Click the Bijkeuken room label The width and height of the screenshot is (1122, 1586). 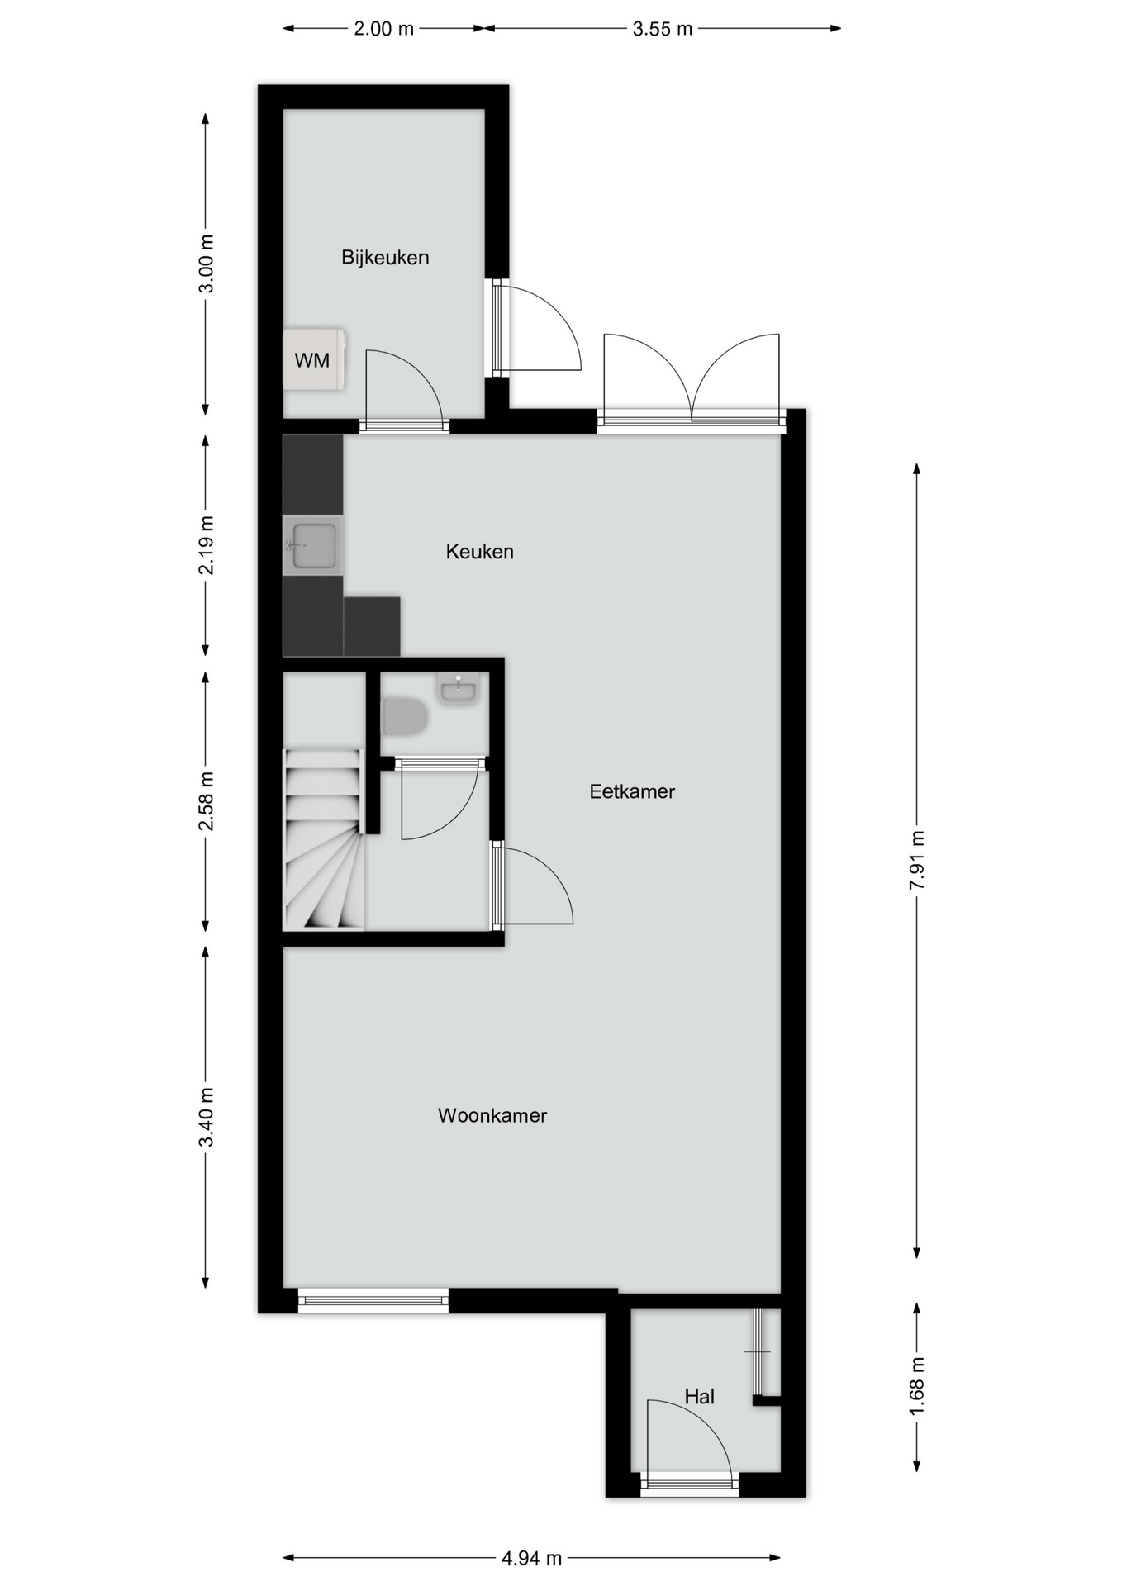tap(385, 257)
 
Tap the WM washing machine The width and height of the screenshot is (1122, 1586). tap(314, 359)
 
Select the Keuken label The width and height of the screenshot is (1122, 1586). tap(480, 551)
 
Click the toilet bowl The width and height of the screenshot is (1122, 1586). tap(405, 716)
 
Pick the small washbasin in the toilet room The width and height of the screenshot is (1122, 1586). tap(458, 688)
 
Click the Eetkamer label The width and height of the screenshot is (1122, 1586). tap(632, 791)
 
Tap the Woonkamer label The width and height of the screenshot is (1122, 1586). tap(492, 1115)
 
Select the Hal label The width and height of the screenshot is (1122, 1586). tap(699, 1396)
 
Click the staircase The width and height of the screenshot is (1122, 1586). tap(324, 838)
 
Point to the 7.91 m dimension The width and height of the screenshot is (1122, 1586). tap(916, 860)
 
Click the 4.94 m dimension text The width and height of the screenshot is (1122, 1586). tap(531, 1558)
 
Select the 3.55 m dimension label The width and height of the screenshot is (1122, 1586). tap(663, 29)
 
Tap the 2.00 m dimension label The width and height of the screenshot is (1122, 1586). tap(384, 29)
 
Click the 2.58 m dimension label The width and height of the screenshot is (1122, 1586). tap(206, 800)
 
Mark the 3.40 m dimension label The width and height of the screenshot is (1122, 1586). tap(206, 1117)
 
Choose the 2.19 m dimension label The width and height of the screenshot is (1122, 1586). tap(206, 545)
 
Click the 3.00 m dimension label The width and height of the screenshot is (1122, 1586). tap(206, 264)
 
